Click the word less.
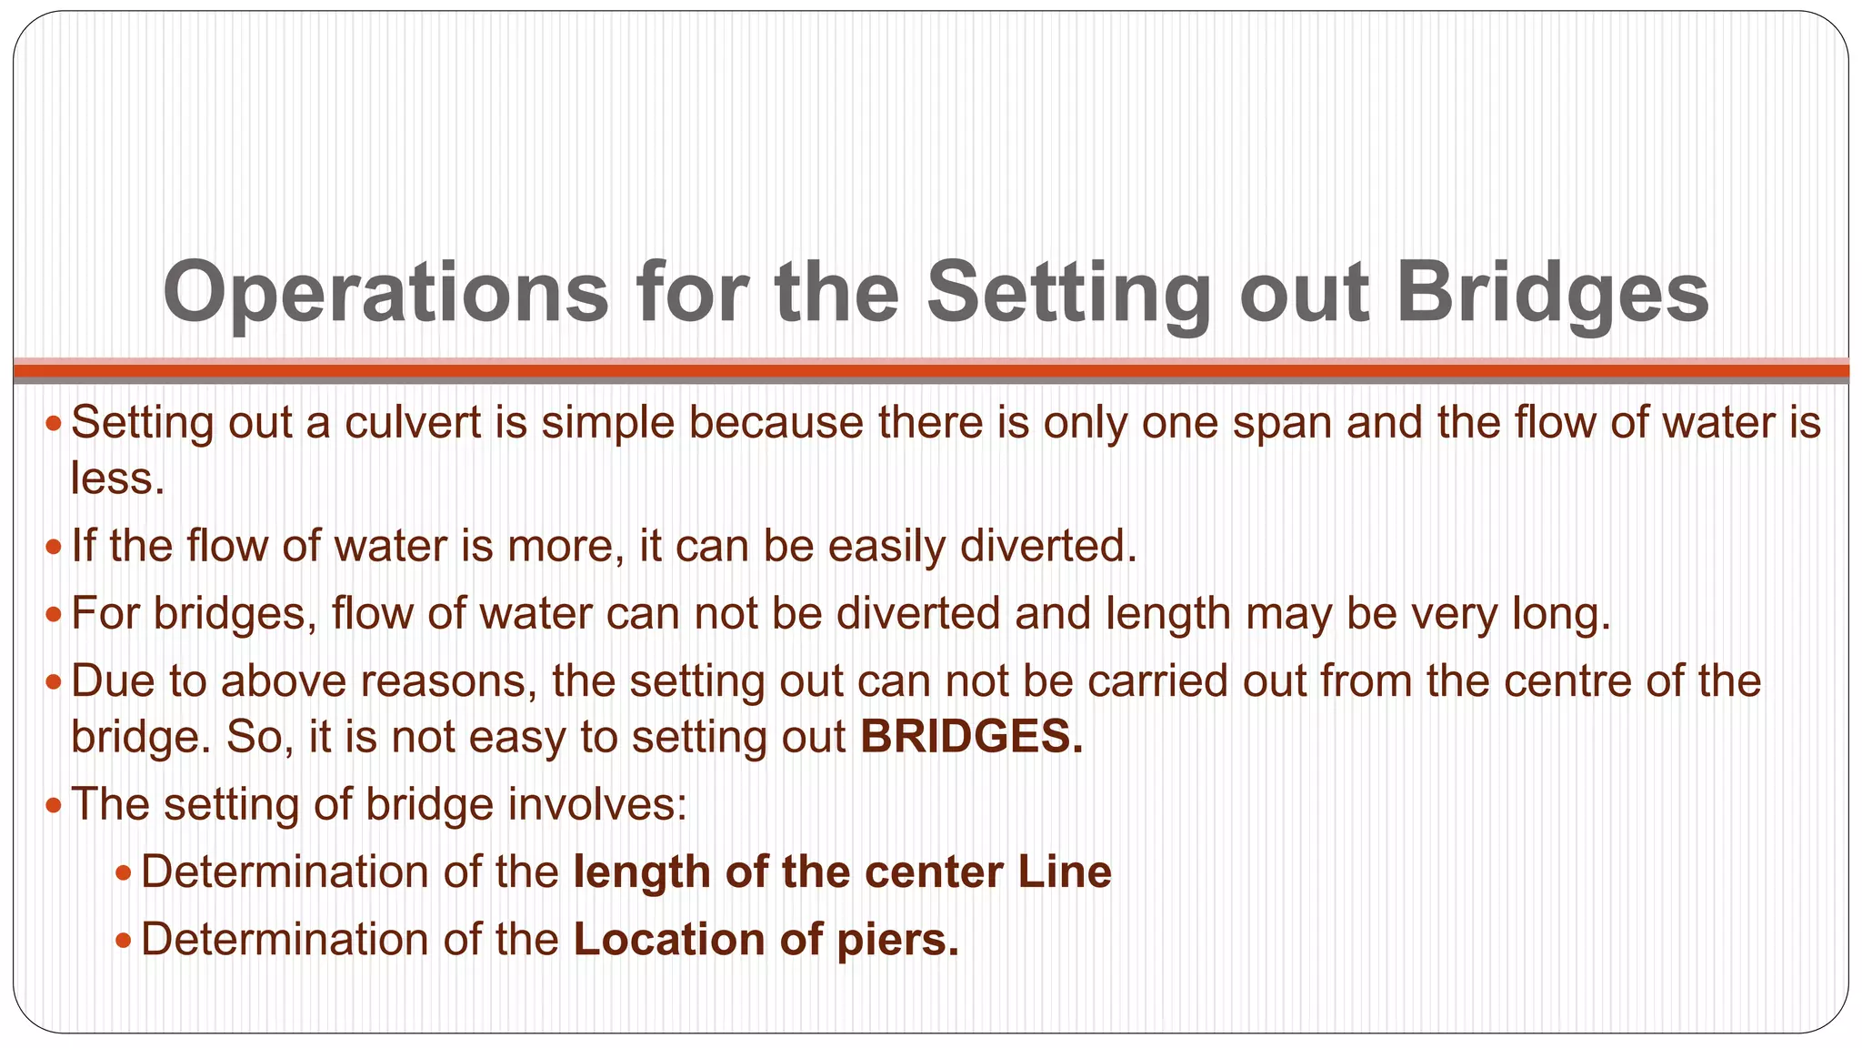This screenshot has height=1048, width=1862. [x=116, y=479]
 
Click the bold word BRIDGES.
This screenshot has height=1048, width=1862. [x=971, y=736]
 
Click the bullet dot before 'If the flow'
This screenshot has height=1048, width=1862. [x=54, y=548]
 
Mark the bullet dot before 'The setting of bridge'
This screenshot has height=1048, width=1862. [x=54, y=806]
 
